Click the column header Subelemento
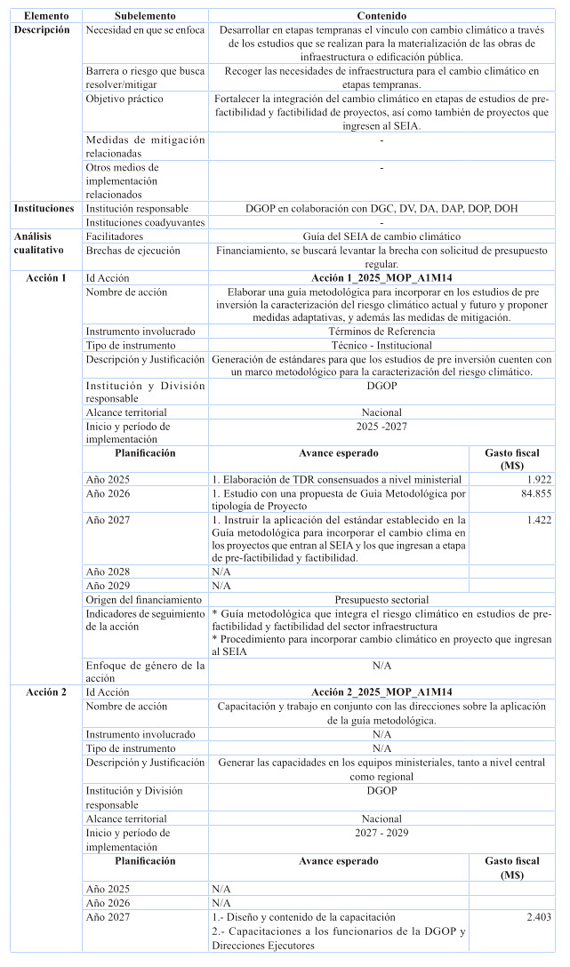coord(145,16)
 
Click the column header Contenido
coord(381,16)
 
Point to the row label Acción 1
coord(46,278)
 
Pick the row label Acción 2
coord(46,692)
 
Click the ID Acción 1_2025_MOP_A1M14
coord(381,278)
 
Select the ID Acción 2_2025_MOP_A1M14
coord(381,692)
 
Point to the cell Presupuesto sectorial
coord(381,600)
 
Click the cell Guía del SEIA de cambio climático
coord(381,237)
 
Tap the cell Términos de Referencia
coord(381,331)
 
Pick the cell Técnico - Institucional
coord(381,345)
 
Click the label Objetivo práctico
coord(124,99)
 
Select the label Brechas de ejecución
coord(132,252)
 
